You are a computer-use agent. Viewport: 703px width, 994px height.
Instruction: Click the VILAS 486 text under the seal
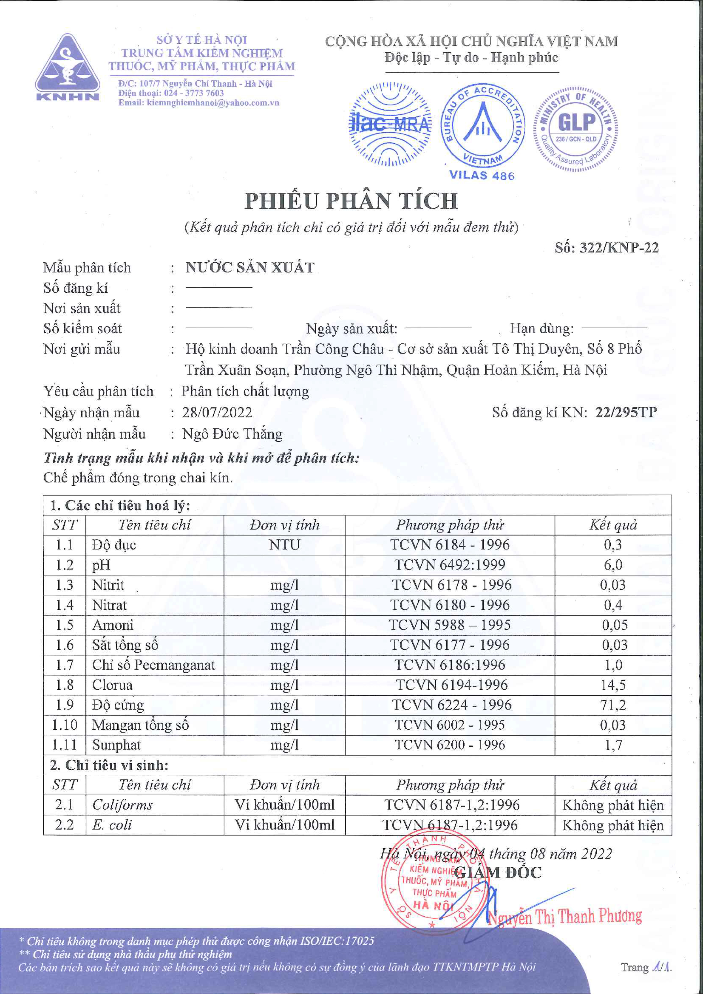click(482, 175)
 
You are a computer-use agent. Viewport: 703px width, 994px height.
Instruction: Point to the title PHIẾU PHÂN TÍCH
click(351, 201)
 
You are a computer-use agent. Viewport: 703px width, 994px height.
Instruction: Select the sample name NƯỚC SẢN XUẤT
click(250, 267)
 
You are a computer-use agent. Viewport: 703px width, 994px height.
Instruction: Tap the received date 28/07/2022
click(217, 412)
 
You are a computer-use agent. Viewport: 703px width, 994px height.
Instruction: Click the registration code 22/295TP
click(626, 412)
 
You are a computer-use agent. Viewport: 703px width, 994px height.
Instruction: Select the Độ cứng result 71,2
click(613, 705)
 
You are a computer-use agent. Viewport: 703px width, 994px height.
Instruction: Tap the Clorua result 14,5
click(613, 685)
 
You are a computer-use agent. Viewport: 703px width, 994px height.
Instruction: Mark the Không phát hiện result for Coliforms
click(613, 805)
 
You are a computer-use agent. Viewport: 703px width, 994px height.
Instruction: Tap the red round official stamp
click(433, 885)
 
